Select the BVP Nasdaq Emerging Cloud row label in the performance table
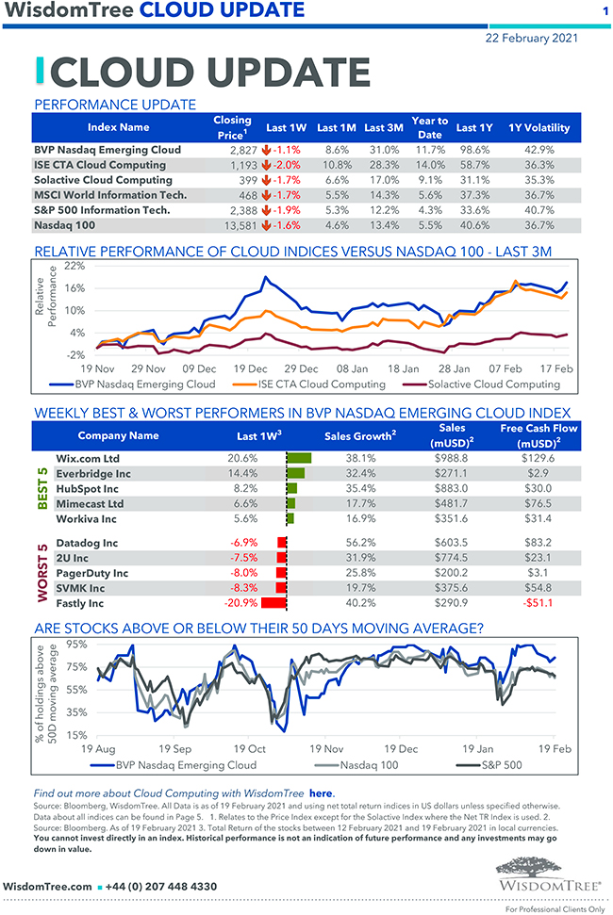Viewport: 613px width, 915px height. point(107,150)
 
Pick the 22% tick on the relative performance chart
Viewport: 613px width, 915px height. point(74,267)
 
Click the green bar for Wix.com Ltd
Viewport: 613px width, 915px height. point(298,457)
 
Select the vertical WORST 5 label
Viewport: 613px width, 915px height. point(42,572)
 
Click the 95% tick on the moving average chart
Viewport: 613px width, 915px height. point(77,645)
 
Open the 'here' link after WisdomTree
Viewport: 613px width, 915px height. point(322,793)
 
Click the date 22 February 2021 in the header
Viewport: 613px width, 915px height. point(532,38)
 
